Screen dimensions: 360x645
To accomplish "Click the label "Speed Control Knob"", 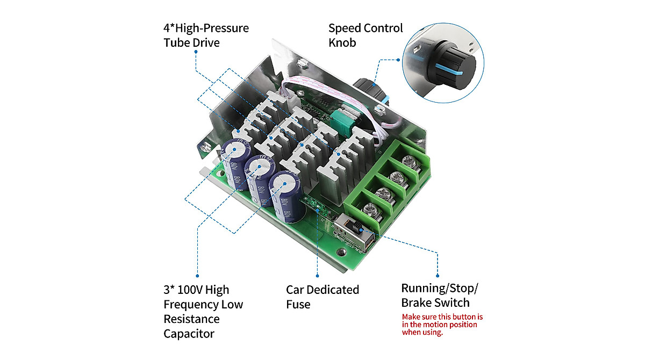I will pos(365,35).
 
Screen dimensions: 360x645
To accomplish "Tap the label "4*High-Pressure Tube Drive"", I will pos(206,35).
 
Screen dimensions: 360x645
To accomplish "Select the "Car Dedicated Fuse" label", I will pos(322,297).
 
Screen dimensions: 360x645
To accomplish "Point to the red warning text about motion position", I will pos(442,325).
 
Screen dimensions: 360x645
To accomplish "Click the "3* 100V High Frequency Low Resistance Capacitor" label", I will pos(203,312).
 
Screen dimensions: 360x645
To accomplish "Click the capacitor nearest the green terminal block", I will pos(284,197).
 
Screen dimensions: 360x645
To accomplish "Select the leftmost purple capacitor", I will pos(233,164).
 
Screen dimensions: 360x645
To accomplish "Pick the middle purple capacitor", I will pos(260,178).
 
